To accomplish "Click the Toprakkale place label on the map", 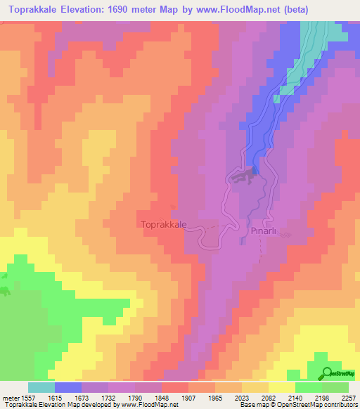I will coord(163,224).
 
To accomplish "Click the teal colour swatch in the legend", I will coord(41,387).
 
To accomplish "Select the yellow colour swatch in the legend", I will coord(282,387).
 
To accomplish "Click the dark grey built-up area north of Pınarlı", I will coord(243,179).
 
